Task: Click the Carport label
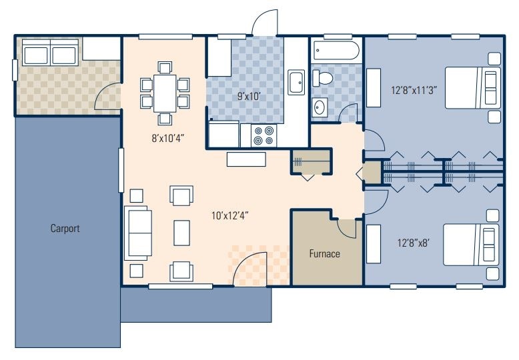click(x=65, y=228)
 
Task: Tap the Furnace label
click(x=324, y=254)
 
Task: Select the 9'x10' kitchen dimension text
click(x=249, y=96)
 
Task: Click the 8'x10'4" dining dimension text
click(x=168, y=138)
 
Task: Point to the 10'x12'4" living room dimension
click(x=230, y=216)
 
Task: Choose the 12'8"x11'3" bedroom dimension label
click(x=414, y=90)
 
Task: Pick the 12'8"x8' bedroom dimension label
click(x=414, y=243)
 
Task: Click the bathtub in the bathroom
click(x=336, y=50)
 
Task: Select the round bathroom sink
click(x=320, y=107)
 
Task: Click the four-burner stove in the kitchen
click(x=264, y=135)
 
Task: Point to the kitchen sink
click(x=296, y=82)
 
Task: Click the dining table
click(x=165, y=93)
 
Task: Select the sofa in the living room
click(x=138, y=233)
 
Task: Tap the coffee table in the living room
click(x=181, y=233)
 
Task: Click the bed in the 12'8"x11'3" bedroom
click(x=472, y=88)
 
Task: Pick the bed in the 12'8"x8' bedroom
click(x=471, y=245)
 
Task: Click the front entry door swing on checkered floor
click(x=250, y=268)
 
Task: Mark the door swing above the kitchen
click(x=264, y=22)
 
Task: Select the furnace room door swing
click(x=346, y=229)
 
